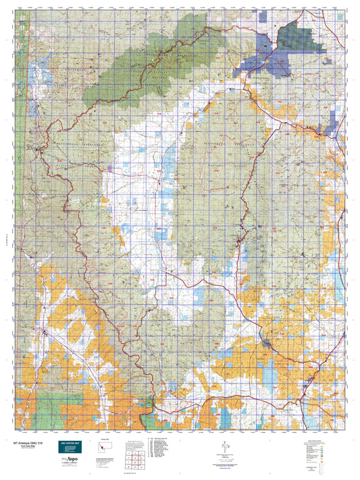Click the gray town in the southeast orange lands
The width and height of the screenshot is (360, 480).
pyautogui.click(x=269, y=345)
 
